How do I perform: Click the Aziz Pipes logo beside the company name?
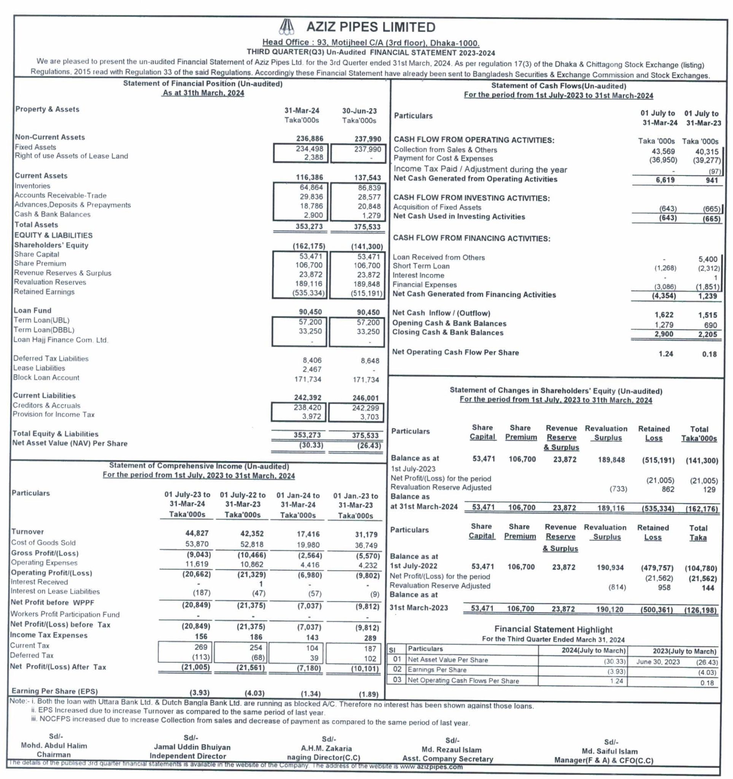click(288, 27)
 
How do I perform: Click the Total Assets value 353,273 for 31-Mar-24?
click(309, 226)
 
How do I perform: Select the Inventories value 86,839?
click(369, 188)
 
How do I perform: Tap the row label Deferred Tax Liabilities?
click(51, 359)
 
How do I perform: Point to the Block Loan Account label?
click(46, 378)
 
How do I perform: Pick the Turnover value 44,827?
click(197, 533)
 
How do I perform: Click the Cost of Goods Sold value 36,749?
click(367, 545)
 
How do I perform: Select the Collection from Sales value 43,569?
click(663, 151)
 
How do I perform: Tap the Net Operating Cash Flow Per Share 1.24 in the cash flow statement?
click(666, 354)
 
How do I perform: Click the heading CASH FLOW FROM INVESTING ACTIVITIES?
click(471, 198)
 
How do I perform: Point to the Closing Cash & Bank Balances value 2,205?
click(709, 334)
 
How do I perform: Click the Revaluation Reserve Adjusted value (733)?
click(618, 489)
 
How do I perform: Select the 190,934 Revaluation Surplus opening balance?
click(611, 567)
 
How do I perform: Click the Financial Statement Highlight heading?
click(553, 629)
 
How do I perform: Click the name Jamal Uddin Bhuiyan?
click(192, 747)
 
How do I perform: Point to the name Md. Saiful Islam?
click(610, 751)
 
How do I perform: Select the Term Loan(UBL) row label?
click(41, 320)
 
